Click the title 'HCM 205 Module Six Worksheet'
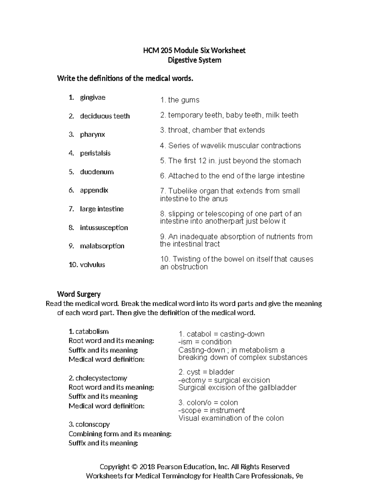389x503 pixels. point(194,50)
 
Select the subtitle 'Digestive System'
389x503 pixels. point(194,60)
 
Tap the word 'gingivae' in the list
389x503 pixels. point(92,97)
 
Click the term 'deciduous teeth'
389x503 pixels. point(105,116)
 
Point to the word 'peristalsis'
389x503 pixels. point(95,153)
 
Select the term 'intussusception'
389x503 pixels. point(104,228)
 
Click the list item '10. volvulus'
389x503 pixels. point(87,265)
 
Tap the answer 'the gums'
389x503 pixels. point(183,100)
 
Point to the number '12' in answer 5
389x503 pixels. point(202,161)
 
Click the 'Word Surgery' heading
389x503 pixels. point(79,294)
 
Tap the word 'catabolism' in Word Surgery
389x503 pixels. point(92,331)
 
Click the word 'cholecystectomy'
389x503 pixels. point(101,378)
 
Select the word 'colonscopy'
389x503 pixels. point(92,424)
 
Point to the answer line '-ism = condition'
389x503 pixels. point(205,342)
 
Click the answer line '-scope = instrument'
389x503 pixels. point(211,410)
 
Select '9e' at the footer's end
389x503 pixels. point(299,476)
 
